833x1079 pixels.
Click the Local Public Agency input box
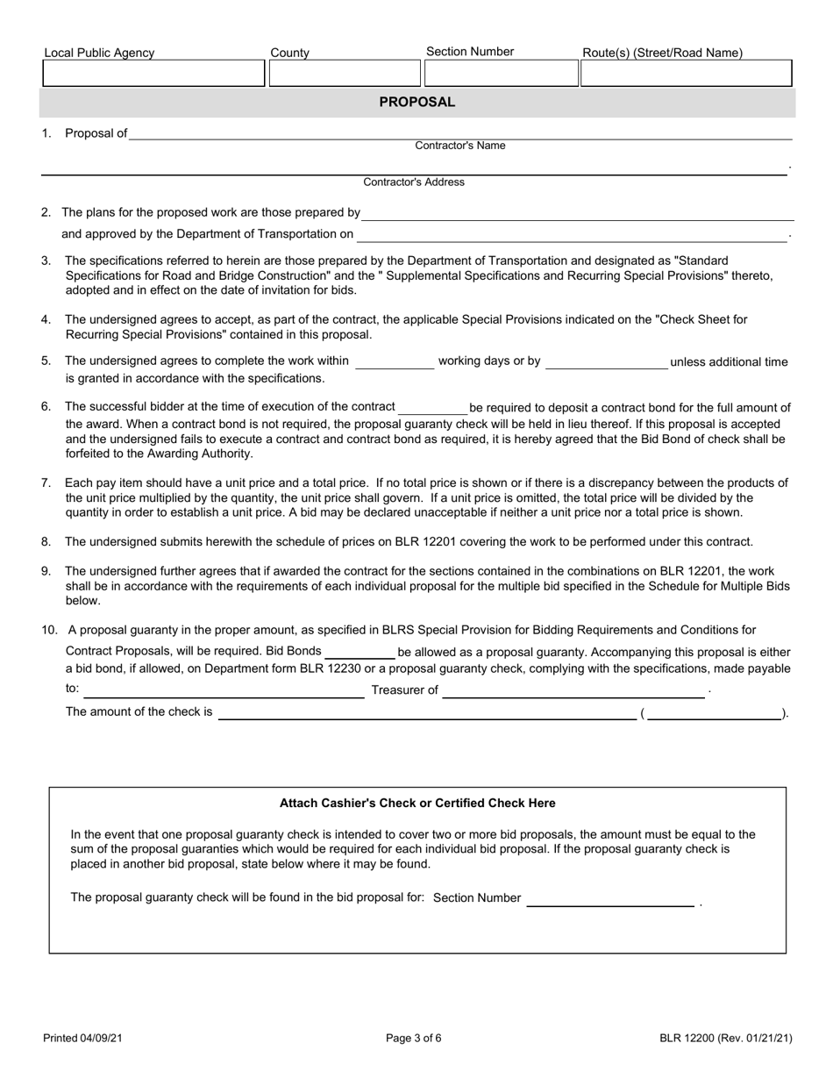(153, 74)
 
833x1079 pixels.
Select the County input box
(345, 74)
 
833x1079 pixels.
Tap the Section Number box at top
(501, 74)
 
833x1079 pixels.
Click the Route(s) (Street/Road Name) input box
(687, 74)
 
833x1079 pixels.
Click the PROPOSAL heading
(416, 102)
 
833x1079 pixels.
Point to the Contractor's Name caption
(459, 146)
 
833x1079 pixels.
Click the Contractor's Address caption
(414, 182)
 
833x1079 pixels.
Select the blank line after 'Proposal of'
(460, 134)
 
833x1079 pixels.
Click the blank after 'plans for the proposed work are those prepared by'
(579, 213)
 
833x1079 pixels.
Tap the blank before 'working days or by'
(395, 363)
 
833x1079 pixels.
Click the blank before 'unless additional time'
(607, 363)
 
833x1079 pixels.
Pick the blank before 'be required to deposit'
(433, 408)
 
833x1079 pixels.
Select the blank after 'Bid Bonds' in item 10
(360, 653)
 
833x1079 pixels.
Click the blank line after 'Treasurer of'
(573, 691)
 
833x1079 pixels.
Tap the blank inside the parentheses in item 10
(715, 714)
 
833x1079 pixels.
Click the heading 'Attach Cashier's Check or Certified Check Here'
(417, 803)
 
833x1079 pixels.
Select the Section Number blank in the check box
(609, 899)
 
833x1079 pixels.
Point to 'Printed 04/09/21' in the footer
(83, 1039)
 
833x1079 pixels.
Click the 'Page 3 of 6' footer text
(414, 1039)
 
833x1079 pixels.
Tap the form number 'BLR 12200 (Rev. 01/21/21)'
(726, 1039)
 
